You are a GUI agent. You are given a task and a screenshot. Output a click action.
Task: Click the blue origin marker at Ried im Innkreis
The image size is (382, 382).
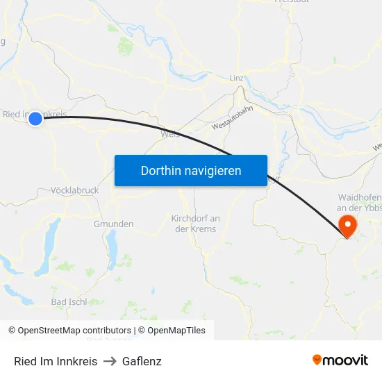35,119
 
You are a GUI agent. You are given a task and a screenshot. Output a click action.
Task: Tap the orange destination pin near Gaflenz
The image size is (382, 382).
346,224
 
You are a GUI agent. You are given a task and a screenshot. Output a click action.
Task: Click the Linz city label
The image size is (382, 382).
236,78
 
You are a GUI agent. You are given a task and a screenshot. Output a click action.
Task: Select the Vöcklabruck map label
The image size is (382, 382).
74,190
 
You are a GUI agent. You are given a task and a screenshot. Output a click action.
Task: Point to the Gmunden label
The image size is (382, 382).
113,224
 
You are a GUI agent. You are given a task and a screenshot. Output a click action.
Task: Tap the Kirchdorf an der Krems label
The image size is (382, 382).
195,224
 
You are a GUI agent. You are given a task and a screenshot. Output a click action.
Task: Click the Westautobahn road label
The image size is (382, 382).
233,117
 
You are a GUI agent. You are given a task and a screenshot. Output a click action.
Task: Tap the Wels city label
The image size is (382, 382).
169,135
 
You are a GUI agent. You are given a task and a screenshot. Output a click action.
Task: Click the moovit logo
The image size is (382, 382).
340,360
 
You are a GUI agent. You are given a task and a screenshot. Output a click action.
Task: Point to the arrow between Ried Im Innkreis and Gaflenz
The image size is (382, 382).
110,361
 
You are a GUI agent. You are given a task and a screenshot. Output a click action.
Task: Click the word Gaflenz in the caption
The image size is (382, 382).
142,361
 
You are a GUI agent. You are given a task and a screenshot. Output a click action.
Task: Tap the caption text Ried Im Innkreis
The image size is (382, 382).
56,361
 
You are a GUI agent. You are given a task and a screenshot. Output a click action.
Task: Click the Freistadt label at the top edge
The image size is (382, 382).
292,2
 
